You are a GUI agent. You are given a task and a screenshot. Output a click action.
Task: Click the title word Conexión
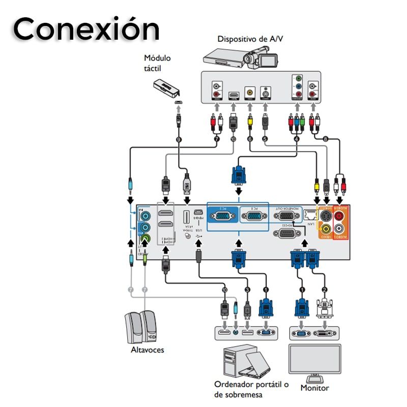pyautogui.click(x=85, y=29)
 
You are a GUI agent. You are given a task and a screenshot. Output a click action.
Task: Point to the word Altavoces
pyautogui.click(x=148, y=350)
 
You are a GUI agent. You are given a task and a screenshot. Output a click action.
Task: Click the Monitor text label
pyautogui.click(x=314, y=388)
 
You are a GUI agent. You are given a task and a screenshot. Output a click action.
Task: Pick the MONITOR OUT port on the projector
pyautogui.click(x=287, y=216)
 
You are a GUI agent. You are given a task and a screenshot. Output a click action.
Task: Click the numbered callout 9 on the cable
pyautogui.click(x=179, y=138)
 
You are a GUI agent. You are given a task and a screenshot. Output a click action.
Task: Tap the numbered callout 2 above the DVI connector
pyautogui.click(x=325, y=290)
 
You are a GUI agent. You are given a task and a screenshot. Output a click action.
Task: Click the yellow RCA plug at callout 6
pyautogui.click(x=250, y=122)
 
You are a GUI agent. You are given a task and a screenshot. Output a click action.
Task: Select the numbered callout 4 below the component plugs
pyautogui.click(x=297, y=138)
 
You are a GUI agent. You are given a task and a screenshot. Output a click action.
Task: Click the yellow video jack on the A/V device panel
pyautogui.click(x=250, y=93)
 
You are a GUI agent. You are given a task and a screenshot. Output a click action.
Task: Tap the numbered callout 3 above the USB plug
pyautogui.click(x=247, y=290)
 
